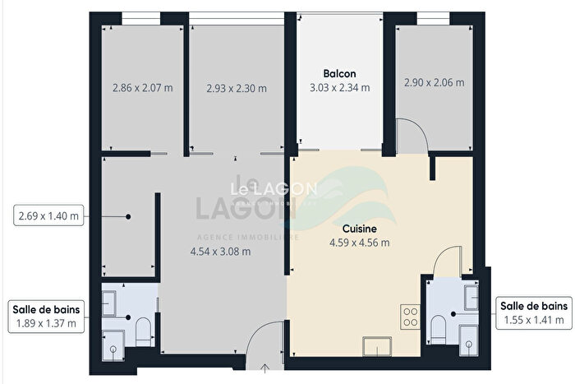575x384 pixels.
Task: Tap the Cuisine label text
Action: tap(358, 230)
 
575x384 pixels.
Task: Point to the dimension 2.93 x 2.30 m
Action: tap(237, 88)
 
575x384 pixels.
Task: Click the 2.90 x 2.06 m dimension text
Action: tap(434, 83)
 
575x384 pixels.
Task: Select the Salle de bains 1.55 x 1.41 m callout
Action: tap(533, 312)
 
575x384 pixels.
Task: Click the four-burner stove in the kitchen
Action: tap(410, 313)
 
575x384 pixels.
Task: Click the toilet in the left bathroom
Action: tap(141, 331)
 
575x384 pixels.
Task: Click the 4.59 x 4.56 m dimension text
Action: tap(358, 243)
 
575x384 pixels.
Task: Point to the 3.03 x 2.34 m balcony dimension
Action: tap(339, 87)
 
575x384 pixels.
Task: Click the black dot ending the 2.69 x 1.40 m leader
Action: tap(128, 217)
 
